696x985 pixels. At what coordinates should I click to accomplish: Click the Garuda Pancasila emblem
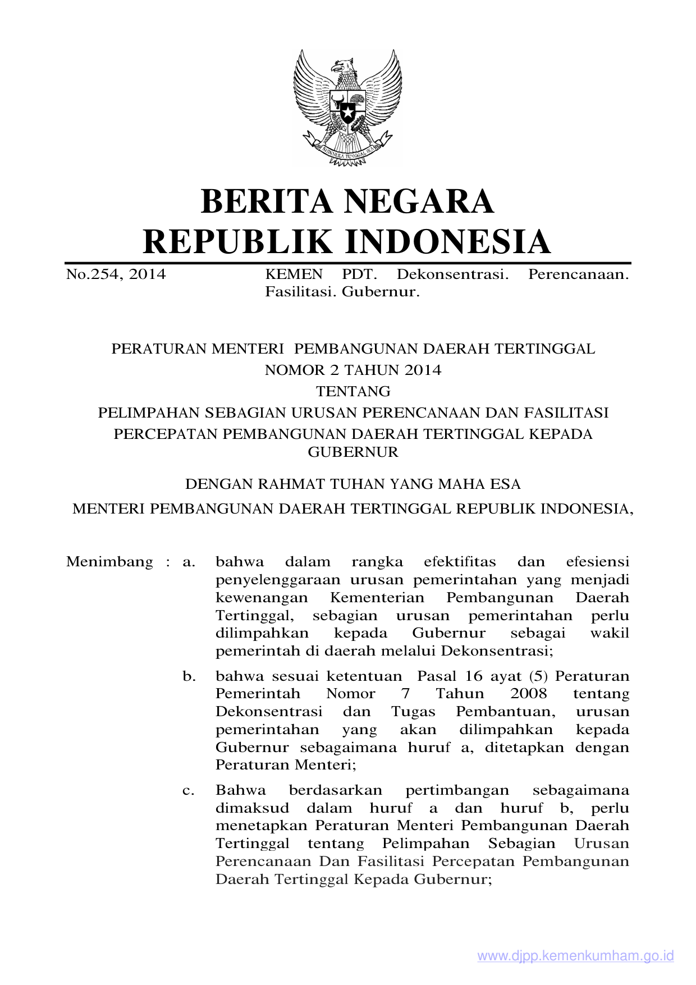(347, 107)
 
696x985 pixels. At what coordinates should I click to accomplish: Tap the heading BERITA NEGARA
(347, 201)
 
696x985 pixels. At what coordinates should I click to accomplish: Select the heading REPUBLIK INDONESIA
(347, 242)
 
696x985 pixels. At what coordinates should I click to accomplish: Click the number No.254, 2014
(116, 274)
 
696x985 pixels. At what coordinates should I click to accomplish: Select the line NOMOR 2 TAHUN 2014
(353, 370)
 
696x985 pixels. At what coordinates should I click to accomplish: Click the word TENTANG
(353, 391)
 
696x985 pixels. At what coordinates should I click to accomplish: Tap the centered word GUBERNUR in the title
(353, 452)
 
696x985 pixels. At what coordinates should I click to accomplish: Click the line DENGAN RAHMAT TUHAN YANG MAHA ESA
(353, 484)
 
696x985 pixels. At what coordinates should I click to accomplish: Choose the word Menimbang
(109, 562)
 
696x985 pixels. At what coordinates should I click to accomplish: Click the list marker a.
(189, 562)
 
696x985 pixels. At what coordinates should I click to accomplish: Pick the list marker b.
(189, 676)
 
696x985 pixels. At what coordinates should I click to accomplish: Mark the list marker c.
(189, 790)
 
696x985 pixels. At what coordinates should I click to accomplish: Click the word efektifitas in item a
(460, 562)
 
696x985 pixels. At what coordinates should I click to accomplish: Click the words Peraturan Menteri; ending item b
(286, 765)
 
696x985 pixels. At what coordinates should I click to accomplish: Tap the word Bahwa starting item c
(241, 790)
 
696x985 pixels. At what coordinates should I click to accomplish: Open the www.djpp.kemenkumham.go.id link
(575, 956)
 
